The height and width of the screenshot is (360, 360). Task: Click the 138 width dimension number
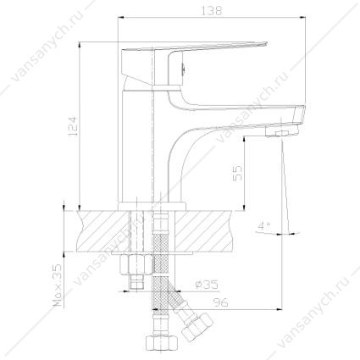tap(212, 11)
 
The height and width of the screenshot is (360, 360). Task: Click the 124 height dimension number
tap(72, 125)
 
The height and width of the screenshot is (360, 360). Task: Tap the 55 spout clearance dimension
tap(238, 173)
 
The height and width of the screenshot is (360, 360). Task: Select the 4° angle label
tap(264, 226)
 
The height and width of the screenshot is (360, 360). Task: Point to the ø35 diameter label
tap(207, 285)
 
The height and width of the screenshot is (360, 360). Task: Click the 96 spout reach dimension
tap(220, 302)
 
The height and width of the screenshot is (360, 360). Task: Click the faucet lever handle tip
tap(264, 44)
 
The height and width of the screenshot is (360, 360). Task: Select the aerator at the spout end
tap(282, 131)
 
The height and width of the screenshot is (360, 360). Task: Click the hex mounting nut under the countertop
tap(136, 264)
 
